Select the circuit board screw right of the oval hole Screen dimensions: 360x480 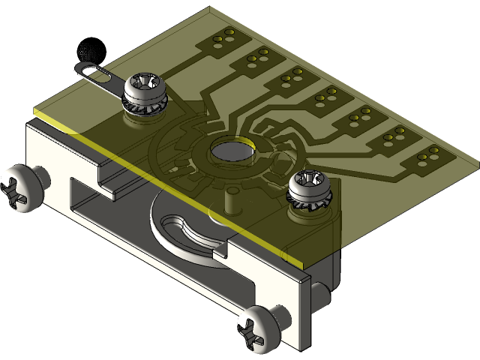[307, 184]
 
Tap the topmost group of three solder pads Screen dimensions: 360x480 [223, 36]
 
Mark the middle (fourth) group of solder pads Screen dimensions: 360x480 [326, 94]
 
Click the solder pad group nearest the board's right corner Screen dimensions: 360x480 [429, 154]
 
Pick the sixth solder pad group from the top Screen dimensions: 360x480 [395, 135]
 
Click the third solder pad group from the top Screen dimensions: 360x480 [292, 74]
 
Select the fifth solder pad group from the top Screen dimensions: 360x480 [361, 115]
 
